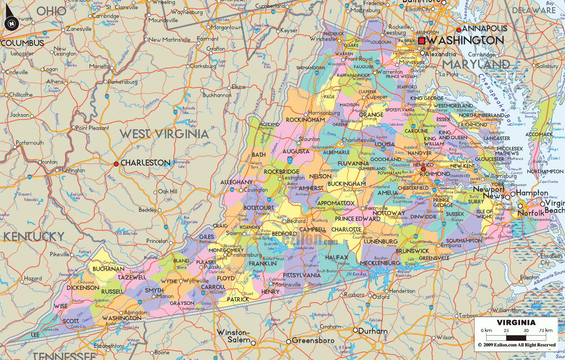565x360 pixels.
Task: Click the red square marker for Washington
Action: click(x=421, y=41)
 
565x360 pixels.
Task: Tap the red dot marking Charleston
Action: click(x=116, y=164)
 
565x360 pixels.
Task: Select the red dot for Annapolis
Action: click(x=459, y=30)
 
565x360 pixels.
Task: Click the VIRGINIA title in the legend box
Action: click(x=516, y=322)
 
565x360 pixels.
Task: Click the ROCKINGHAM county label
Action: click(x=305, y=120)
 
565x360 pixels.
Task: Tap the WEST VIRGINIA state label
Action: click(x=164, y=134)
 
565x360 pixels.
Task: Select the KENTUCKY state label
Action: click(x=34, y=236)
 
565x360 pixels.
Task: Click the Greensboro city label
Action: click(x=313, y=340)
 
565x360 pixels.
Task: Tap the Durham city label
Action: click(x=373, y=331)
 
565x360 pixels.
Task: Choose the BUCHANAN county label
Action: click(x=108, y=269)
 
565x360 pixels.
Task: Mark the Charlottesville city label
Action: click(x=358, y=140)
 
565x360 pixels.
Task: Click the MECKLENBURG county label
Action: click(x=380, y=263)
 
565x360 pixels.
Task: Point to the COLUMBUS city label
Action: click(x=22, y=43)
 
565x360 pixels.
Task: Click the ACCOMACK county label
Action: click(x=539, y=134)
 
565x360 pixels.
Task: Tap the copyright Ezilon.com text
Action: click(x=517, y=345)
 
